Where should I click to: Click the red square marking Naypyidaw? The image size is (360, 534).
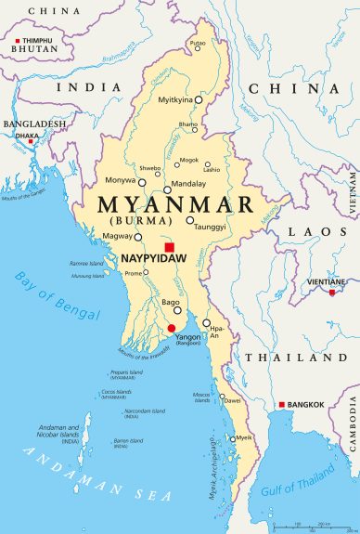point(168,247)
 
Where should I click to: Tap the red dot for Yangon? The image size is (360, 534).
point(171,328)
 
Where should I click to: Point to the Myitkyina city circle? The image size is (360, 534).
point(198,98)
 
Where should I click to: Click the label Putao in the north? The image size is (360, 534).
point(198,43)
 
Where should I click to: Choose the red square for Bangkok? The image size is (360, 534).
point(282,404)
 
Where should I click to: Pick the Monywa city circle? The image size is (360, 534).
point(142,183)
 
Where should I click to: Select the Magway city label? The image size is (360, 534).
point(118,237)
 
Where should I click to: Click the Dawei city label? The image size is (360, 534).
point(232,400)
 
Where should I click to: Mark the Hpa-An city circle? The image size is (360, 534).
point(207,323)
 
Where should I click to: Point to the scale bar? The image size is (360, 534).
point(312,527)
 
